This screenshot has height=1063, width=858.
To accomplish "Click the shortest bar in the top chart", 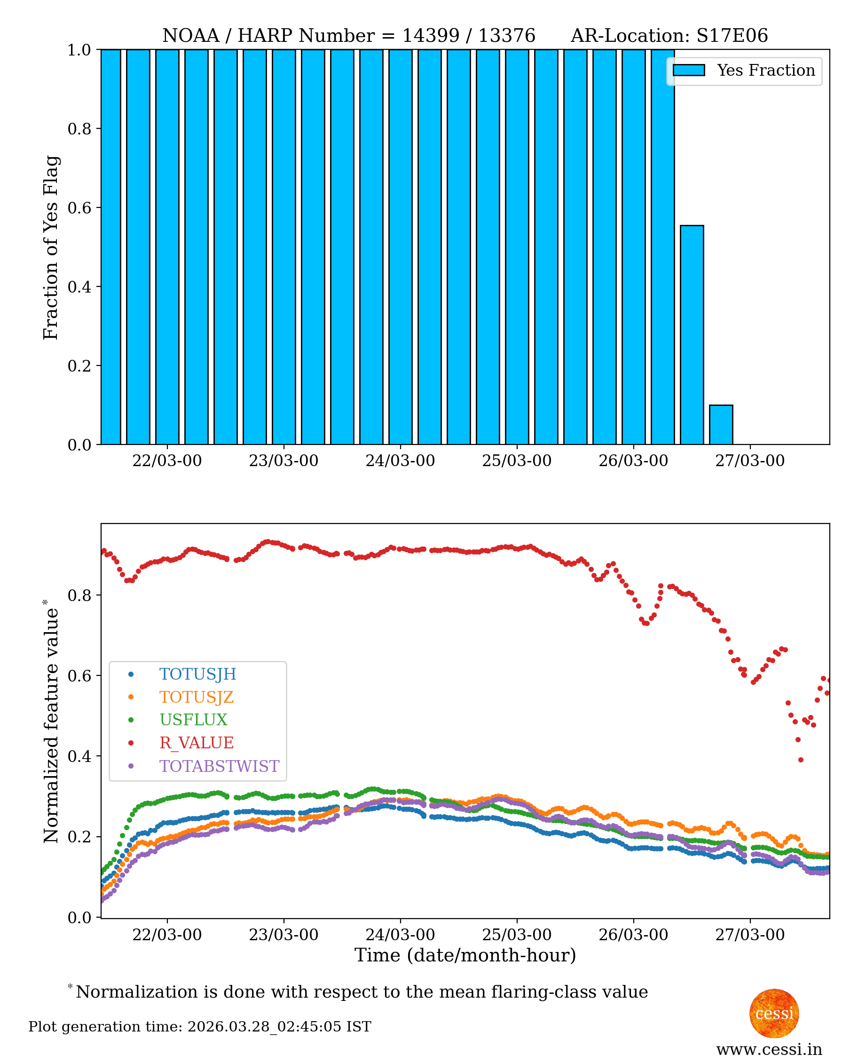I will pos(721,425).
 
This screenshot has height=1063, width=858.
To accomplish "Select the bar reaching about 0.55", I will pos(692,335).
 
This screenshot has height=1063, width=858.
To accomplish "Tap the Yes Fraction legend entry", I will pos(744,71).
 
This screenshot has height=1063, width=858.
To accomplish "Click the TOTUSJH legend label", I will pos(198,674).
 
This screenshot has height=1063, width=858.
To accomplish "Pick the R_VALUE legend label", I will pos(196,743).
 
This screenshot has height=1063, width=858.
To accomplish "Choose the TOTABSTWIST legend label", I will pos(219,766).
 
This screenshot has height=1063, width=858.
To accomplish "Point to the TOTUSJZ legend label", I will pos(196,697).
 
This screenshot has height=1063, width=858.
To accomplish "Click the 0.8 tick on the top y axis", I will pos(79,128).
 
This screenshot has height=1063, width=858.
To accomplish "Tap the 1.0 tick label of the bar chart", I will pos(79,50).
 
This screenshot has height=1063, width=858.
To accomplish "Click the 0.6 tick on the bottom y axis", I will pos(79,676).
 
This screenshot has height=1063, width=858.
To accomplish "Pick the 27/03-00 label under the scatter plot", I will pos(750,935).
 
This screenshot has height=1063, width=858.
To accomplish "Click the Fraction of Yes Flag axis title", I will pos(50,247).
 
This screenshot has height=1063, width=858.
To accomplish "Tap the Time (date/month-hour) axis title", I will pos(465,955).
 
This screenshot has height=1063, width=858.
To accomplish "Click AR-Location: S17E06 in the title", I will pos(669,36).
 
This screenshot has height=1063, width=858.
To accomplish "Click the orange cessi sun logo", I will pos(774,1013).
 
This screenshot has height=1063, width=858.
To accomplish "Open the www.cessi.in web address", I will pos(769,1049).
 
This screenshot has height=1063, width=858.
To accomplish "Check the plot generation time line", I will pos(200,1027).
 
